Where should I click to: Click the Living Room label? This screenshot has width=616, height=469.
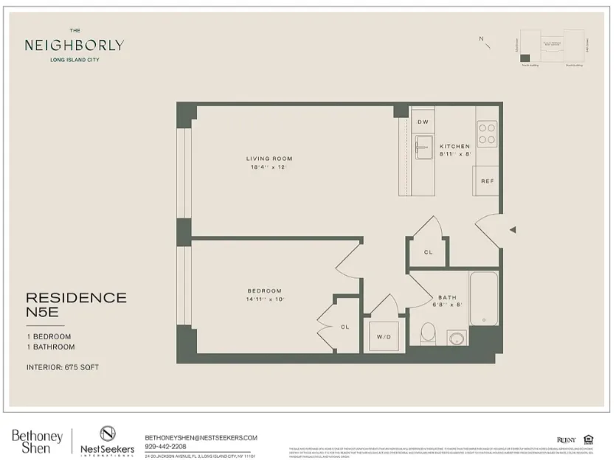click(269, 159)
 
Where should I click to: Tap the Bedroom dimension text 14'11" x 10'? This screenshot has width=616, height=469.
click(264, 299)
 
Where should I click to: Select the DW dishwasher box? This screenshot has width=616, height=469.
click(423, 122)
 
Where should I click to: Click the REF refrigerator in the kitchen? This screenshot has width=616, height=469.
click(487, 181)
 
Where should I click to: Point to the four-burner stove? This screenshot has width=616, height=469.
click(487, 133)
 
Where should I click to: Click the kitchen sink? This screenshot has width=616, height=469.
click(423, 147)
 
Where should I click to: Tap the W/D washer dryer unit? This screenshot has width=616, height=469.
click(384, 337)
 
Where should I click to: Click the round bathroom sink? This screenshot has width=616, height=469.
click(457, 338)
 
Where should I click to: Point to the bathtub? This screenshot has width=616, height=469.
click(484, 298)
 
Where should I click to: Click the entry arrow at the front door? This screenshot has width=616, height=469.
click(513, 230)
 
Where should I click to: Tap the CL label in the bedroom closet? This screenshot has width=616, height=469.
click(345, 326)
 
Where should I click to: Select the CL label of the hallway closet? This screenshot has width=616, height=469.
click(428, 252)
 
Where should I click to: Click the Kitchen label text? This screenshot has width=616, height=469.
click(454, 146)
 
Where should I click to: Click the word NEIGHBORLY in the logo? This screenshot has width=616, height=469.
click(74, 45)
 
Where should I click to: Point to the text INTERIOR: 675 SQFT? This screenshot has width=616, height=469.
click(63, 366)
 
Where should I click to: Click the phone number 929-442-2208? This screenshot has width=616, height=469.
click(166, 446)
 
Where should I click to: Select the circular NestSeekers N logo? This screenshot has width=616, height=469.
click(108, 434)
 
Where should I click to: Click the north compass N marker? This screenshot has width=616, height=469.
click(481, 39)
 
